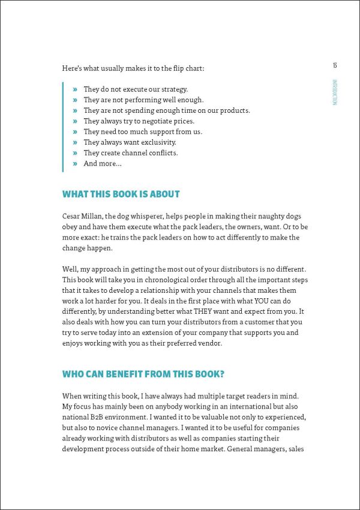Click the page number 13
[x=335, y=65]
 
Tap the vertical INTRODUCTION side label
[x=335, y=91]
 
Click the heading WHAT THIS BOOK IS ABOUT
[x=121, y=194]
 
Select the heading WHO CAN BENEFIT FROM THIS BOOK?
[x=143, y=374]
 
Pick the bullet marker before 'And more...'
[x=75, y=163]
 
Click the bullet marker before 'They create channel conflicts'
[x=75, y=153]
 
